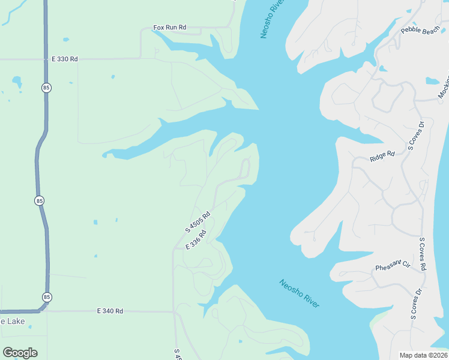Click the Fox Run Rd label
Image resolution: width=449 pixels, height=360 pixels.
[x=170, y=28]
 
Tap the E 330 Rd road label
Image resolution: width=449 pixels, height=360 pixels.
[x=65, y=59]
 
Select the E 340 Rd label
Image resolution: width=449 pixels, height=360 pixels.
[x=110, y=311]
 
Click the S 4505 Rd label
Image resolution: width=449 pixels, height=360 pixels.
[x=197, y=223]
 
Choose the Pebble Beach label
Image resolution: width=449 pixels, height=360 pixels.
[x=420, y=31]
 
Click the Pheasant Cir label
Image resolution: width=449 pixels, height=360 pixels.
[x=393, y=265]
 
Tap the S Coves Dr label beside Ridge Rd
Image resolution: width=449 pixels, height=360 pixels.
[x=415, y=135]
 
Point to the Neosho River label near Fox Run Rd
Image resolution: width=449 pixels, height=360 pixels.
[x=271, y=20]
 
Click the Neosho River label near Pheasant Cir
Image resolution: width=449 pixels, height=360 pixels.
[x=299, y=293]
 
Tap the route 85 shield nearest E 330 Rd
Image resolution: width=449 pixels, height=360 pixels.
[x=47, y=88]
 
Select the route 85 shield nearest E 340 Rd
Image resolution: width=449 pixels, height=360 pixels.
[x=47, y=297]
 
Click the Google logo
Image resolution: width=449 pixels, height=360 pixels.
[x=20, y=353]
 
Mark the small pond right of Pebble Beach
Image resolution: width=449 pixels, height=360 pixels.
[x=432, y=81]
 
